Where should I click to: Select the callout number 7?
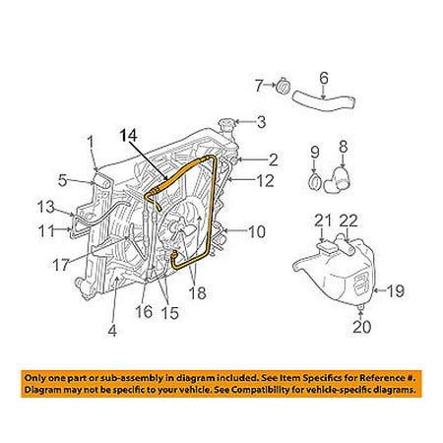point(259,85)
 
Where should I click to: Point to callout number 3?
point(260,123)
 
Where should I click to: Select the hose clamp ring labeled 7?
point(282,87)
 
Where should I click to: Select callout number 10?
point(257,233)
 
